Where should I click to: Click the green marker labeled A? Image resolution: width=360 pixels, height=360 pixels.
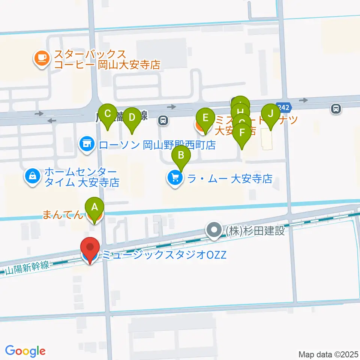point(94,207)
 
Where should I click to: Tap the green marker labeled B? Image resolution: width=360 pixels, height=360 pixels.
point(181,155)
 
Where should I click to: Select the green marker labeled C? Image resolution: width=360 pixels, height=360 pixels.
point(108,113)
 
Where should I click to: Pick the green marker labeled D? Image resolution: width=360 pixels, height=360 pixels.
point(132,117)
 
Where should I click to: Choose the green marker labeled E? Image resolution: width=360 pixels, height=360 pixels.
point(205,117)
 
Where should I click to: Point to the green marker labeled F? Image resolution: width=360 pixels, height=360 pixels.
point(242,132)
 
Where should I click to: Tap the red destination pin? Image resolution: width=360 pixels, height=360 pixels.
point(90,248)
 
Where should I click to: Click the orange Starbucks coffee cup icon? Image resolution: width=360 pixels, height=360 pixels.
point(41,58)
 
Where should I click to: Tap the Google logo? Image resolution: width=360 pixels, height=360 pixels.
point(25,351)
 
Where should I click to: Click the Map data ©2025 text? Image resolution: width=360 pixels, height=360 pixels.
point(328,354)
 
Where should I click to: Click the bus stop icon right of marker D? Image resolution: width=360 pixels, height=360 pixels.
point(163,120)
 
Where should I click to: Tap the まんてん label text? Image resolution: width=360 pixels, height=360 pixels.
point(61,215)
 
